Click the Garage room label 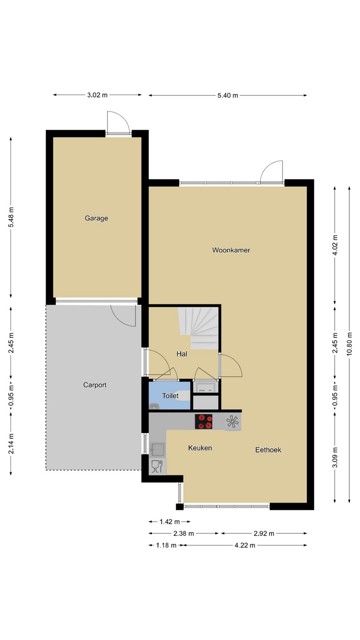coord(96,218)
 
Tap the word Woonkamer coord(231,250)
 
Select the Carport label coord(95,385)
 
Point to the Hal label coord(182,354)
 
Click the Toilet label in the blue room coord(170,396)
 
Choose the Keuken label coord(200,448)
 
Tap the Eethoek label coord(268,450)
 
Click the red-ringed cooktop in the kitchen coord(204,421)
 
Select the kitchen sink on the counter coord(157,449)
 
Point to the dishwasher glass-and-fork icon coord(157,467)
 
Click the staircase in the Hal coord(198,328)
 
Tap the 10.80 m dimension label coord(349,344)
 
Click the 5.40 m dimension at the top coord(228,96)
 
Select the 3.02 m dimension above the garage coord(97,95)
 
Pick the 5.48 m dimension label coord(11,217)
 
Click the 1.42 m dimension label coord(169,522)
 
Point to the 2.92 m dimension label coord(264,533)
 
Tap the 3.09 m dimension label coord(335,457)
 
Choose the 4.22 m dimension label coord(245,545)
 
